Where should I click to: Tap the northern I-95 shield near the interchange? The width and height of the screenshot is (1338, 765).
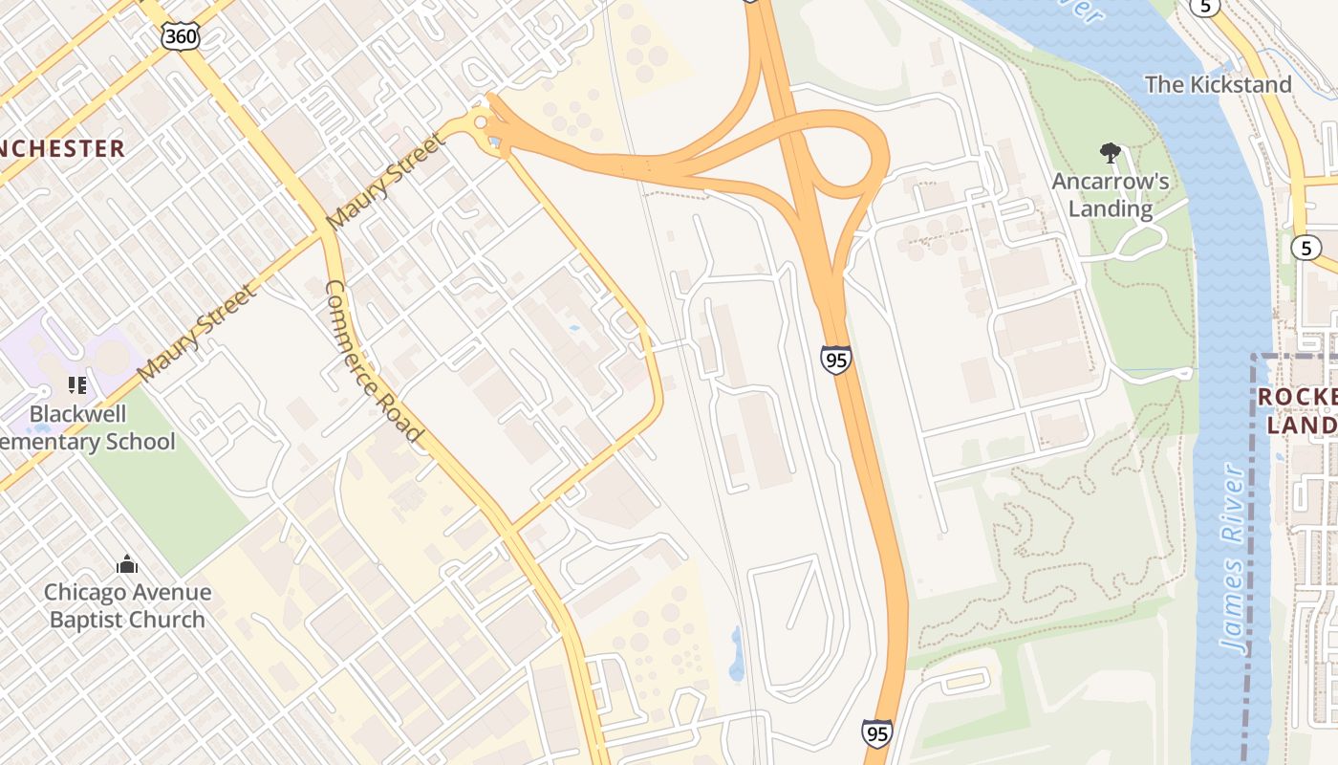(x=835, y=360)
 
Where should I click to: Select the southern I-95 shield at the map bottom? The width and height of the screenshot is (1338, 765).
(x=876, y=732)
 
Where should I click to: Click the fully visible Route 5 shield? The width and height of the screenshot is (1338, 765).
(x=1306, y=248)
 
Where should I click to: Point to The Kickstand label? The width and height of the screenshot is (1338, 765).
(x=1218, y=84)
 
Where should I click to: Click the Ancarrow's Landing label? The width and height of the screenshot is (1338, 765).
(x=1110, y=195)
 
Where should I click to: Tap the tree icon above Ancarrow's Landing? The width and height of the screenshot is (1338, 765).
(x=1110, y=152)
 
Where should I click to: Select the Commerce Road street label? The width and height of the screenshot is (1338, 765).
(x=374, y=361)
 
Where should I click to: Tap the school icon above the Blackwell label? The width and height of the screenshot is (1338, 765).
(x=77, y=385)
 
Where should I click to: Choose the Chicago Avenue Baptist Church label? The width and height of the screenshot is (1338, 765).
(x=127, y=605)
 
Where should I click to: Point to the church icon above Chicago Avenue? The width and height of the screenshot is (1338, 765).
(x=127, y=565)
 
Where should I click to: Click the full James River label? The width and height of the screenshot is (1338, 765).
(x=1235, y=559)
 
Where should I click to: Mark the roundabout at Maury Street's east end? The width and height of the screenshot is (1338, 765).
(x=480, y=121)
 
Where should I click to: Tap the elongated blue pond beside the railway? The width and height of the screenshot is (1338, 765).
(x=736, y=653)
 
